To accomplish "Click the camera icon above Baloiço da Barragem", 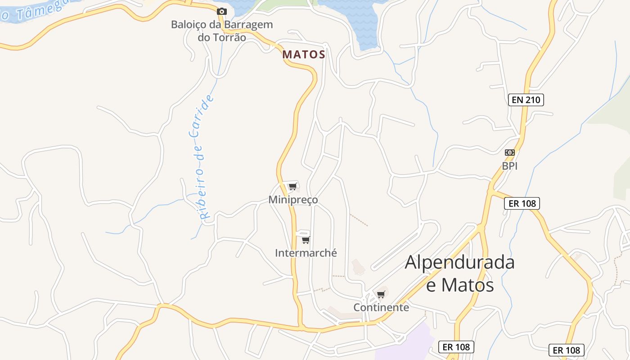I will click(221, 11).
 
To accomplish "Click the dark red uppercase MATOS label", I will click(304, 54).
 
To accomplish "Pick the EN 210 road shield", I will click(526, 100).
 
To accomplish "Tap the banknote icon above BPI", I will click(509, 153).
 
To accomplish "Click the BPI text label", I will click(510, 166).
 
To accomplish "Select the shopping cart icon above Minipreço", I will click(292, 186).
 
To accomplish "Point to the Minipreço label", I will click(293, 199).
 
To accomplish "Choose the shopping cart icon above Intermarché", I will click(306, 239).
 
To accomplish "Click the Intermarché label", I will click(306, 253).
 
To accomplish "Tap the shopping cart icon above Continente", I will click(381, 294).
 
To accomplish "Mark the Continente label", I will click(381, 307).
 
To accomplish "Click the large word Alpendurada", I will click(459, 262).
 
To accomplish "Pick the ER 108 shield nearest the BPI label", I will click(522, 203).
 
